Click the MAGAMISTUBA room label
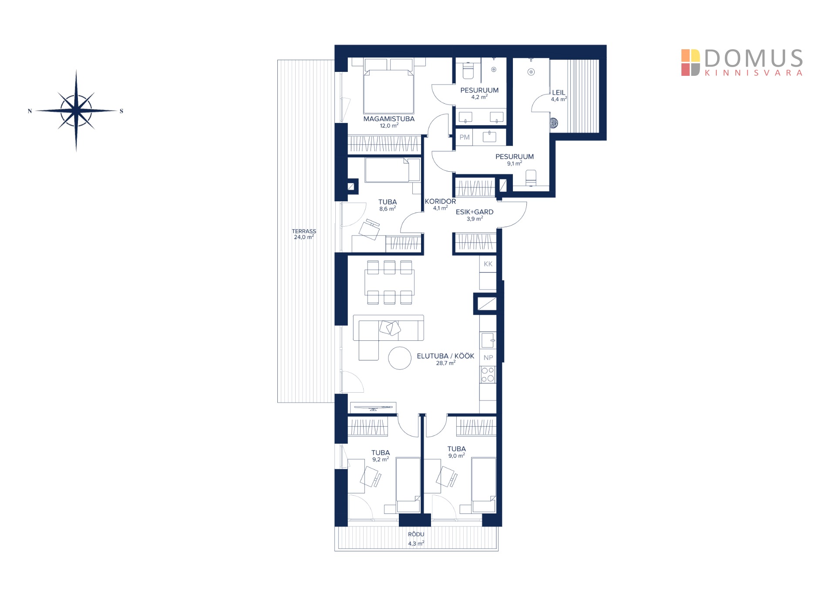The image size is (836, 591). [x=389, y=119]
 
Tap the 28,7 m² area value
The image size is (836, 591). [x=446, y=363]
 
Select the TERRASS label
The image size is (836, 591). [x=304, y=231]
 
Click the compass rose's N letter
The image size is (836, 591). [x=30, y=111]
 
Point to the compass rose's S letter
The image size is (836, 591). [x=121, y=111]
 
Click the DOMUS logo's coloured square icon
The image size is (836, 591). [x=691, y=62]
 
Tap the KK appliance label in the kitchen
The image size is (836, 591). [x=488, y=264]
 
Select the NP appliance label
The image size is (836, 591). [x=488, y=358]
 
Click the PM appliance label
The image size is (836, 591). [x=465, y=137]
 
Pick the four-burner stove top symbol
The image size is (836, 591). [x=488, y=375]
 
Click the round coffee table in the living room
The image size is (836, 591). [x=400, y=358]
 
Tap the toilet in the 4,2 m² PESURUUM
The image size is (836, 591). [x=468, y=71]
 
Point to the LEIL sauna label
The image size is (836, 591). [x=559, y=92]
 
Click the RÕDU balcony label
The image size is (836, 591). [x=416, y=534]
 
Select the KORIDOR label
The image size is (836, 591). [x=440, y=201]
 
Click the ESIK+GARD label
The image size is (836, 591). [x=475, y=212]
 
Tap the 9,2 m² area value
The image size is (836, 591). [x=381, y=459]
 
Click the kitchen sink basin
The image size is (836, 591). [x=488, y=340]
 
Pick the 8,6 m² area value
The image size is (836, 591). [x=388, y=209]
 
